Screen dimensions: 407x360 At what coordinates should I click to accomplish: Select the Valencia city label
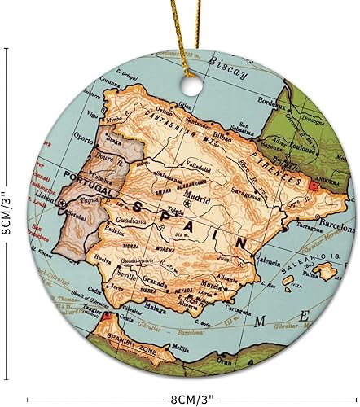pyautogui.click(x=268, y=260)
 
